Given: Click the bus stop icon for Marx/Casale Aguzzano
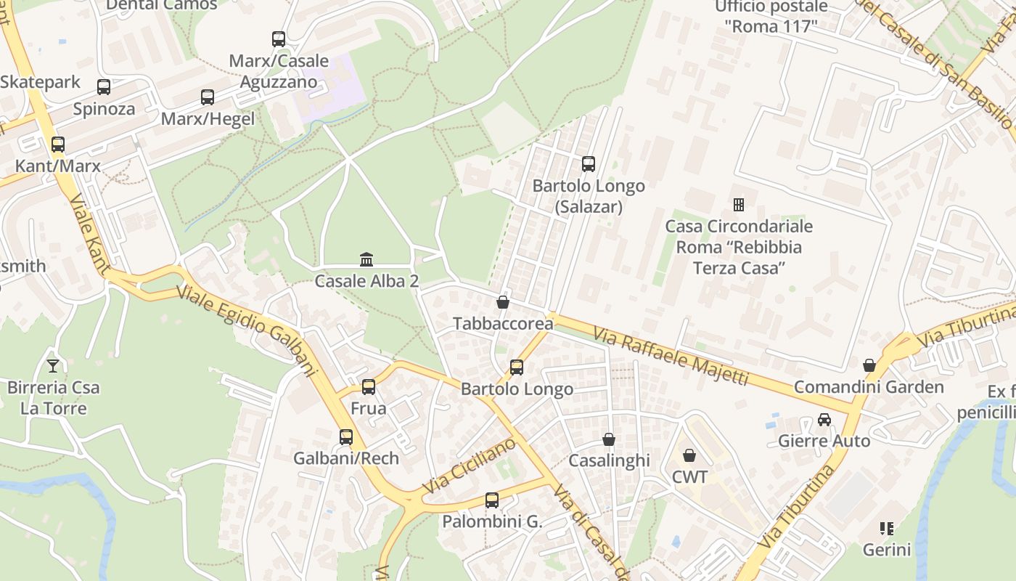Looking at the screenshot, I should tap(279, 39).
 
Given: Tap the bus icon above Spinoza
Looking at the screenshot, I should tap(104, 87).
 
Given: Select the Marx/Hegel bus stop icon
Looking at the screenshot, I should tap(208, 97).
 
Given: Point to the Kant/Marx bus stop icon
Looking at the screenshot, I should tap(58, 144).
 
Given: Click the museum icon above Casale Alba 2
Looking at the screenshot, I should tap(366, 259).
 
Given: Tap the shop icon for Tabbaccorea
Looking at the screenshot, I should tap(502, 301).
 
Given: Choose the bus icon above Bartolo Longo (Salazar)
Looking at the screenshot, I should tap(589, 164).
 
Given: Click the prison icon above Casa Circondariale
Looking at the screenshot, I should tap(739, 205).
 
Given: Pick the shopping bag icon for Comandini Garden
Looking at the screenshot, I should tap(869, 365).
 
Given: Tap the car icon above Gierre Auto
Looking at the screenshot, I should tap(824, 419).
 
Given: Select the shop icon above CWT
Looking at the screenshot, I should tap(689, 455).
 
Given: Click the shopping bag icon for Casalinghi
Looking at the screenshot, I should tap(609, 439).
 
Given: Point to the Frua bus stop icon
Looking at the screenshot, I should tap(369, 387).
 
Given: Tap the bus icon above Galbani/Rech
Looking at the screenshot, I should tap(346, 437).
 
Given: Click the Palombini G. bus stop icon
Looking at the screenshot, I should tap(492, 500).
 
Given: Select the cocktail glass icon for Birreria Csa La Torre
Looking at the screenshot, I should tap(53, 365).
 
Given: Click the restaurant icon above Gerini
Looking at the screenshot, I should tap(886, 528).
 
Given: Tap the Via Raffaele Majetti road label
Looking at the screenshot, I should tap(670, 355).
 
